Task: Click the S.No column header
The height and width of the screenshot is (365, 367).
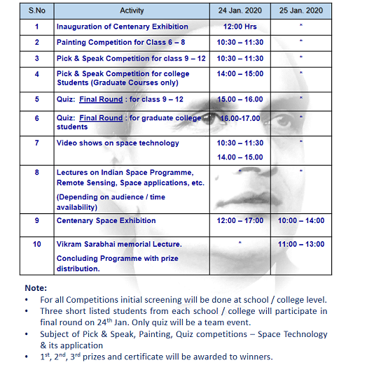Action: pyautogui.click(x=36, y=11)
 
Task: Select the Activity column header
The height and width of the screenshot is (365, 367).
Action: pyautogui.click(x=132, y=11)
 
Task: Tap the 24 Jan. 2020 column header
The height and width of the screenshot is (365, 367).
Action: pyautogui.click(x=241, y=11)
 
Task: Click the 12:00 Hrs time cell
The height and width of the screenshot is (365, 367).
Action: pyautogui.click(x=241, y=27)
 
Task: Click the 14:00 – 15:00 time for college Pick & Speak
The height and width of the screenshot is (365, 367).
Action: pyautogui.click(x=241, y=73)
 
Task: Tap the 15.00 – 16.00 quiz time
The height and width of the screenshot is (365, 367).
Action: pyautogui.click(x=241, y=100)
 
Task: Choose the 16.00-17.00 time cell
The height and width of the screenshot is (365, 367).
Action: pyautogui.click(x=240, y=118)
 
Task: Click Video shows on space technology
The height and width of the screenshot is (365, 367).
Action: pyautogui.click(x=118, y=143)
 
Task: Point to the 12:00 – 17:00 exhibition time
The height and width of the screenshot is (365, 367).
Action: pyautogui.click(x=241, y=221)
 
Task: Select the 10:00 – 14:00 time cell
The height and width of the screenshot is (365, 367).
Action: pyautogui.click(x=300, y=221)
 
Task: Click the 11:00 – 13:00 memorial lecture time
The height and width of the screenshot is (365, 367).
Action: pyautogui.click(x=300, y=244)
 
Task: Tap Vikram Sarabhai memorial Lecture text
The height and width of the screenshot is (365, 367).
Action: pyautogui.click(x=119, y=244)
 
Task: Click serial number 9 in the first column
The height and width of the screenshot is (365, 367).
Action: pyautogui.click(x=36, y=221)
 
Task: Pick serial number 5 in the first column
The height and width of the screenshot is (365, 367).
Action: pyautogui.click(x=36, y=100)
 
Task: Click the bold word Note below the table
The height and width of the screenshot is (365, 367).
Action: pyautogui.click(x=36, y=287)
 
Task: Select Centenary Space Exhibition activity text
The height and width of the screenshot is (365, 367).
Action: pyautogui.click(x=106, y=221)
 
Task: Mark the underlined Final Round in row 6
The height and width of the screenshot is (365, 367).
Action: pyautogui.click(x=101, y=118)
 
